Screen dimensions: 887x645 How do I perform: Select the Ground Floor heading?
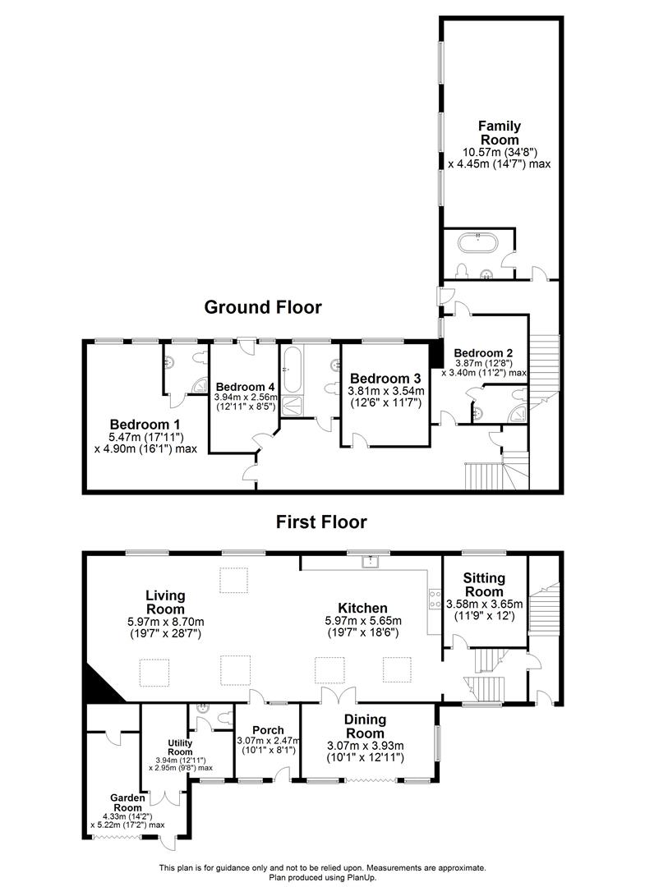(x=263, y=307)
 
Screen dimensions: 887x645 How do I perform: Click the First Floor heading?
(x=321, y=522)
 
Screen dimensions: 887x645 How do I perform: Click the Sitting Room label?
(x=485, y=585)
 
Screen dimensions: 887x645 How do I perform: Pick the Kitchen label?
(x=362, y=608)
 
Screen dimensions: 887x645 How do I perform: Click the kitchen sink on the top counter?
(x=371, y=562)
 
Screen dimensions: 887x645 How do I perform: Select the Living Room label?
(x=165, y=601)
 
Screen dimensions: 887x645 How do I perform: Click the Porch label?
(x=268, y=730)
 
